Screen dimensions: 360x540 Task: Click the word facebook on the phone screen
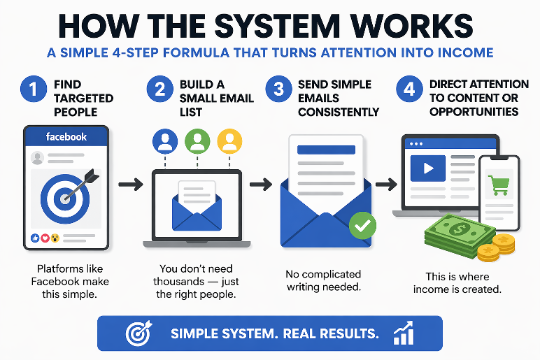66,137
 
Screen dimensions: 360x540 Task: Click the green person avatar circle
197,142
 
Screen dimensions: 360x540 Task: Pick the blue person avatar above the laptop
166,142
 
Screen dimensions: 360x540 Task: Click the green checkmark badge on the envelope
362,225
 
